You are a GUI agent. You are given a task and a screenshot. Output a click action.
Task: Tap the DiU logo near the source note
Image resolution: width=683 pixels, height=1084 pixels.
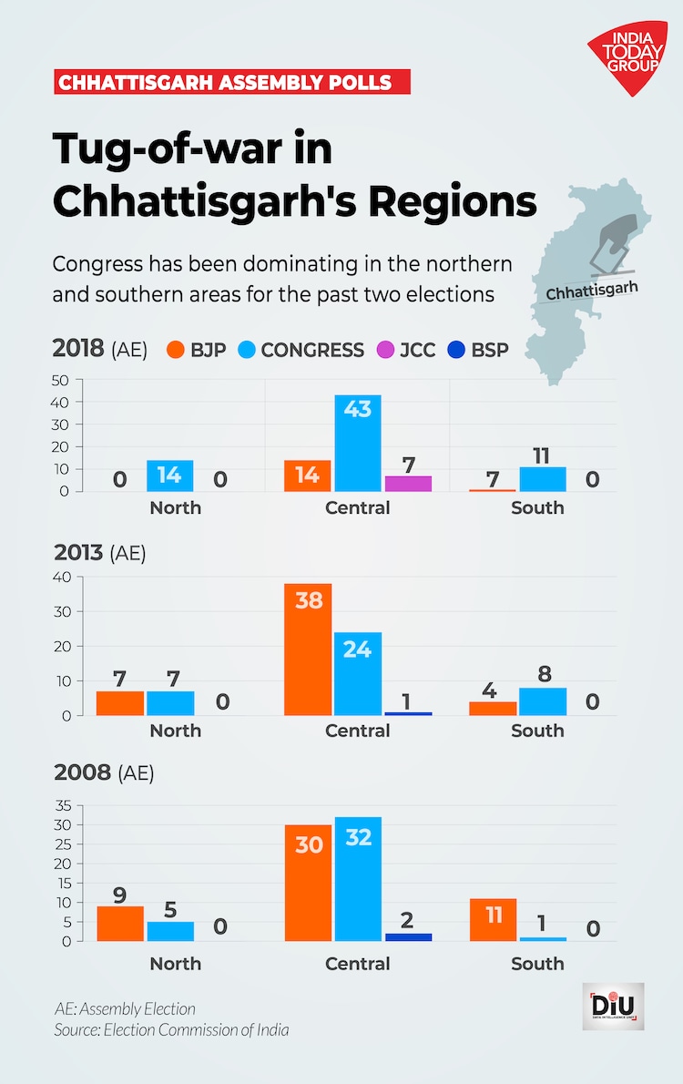point(613,1006)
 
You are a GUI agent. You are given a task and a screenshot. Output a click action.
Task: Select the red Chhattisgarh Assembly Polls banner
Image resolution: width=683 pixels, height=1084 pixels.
point(231,82)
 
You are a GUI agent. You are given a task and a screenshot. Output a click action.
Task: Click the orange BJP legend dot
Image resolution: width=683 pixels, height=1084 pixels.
point(176,350)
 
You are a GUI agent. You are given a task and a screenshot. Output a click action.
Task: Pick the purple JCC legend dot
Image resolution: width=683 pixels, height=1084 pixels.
point(384,350)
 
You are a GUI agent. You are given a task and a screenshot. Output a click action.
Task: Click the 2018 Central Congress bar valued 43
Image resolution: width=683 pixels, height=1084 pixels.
point(358,443)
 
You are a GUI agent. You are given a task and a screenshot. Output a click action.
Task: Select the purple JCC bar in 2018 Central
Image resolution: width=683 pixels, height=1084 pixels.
point(407,484)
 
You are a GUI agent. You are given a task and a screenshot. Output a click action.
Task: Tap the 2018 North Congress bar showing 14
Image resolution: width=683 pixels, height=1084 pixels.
point(169,476)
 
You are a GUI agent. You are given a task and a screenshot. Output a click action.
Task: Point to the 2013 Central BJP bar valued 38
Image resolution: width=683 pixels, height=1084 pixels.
point(308,649)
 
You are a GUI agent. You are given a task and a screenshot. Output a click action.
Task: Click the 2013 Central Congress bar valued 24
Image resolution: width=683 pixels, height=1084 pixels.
point(358,674)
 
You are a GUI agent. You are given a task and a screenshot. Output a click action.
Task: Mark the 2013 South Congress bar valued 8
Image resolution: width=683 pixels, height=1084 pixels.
point(543,701)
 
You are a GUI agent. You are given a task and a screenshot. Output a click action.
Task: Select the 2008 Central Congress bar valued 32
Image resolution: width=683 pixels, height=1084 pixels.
point(358,879)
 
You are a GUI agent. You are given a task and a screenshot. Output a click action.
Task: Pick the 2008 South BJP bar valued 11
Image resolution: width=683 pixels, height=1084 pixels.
point(493,920)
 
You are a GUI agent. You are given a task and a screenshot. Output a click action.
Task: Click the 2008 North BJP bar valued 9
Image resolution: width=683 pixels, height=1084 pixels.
point(120,924)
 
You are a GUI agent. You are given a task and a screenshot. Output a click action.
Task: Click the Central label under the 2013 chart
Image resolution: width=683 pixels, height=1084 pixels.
point(358,731)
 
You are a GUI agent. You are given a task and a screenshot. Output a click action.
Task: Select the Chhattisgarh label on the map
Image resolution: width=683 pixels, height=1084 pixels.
point(593,290)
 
